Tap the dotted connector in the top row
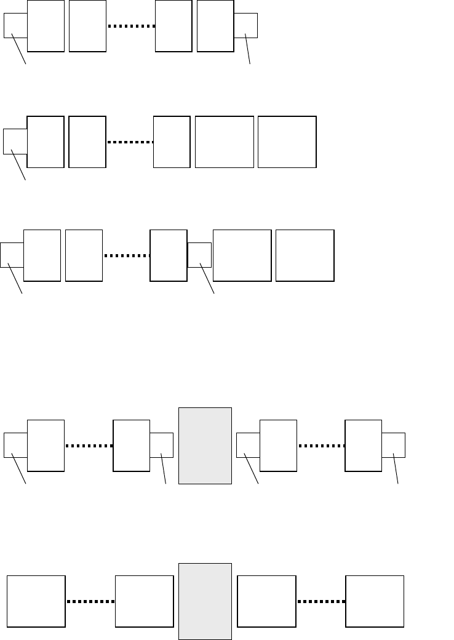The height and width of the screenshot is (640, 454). [131, 26]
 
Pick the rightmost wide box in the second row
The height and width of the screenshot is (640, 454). [287, 142]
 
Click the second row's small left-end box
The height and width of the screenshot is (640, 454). [14, 141]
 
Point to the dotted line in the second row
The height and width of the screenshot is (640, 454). [130, 142]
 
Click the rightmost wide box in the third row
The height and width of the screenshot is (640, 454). [305, 255]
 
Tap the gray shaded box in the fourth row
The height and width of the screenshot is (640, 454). [205, 446]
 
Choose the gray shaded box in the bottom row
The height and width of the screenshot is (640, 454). [205, 601]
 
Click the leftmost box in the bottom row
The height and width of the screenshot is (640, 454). [36, 601]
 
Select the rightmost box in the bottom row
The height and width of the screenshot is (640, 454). [375, 601]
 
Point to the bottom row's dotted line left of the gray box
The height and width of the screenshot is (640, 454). [90, 602]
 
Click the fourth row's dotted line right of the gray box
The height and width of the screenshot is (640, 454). [321, 446]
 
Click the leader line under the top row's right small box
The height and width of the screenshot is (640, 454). [248, 50]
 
